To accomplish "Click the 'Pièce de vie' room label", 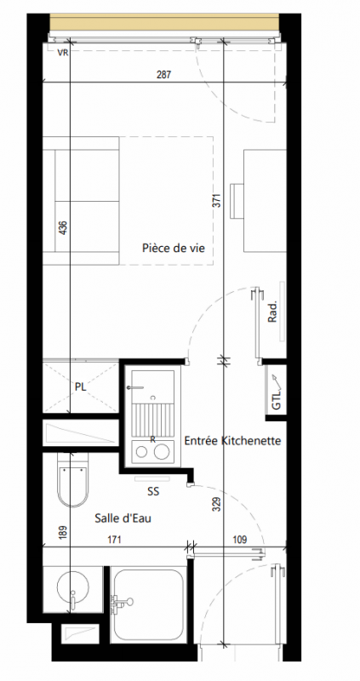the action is click(174, 249).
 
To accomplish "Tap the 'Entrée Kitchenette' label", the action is click(232, 441).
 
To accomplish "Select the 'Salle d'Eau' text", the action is click(123, 518).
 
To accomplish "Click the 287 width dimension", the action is click(163, 75).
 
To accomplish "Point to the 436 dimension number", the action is click(62, 228).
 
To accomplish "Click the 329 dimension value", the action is click(218, 504).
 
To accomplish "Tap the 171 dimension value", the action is click(114, 540).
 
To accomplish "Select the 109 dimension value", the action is click(239, 540).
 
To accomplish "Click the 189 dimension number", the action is click(62, 533).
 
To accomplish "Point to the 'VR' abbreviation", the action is click(63, 53).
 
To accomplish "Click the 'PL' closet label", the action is click(80, 387).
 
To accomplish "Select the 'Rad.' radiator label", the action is click(272, 312).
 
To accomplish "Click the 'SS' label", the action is click(153, 492).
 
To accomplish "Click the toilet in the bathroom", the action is click(73, 479).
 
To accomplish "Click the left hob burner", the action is click(141, 452).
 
